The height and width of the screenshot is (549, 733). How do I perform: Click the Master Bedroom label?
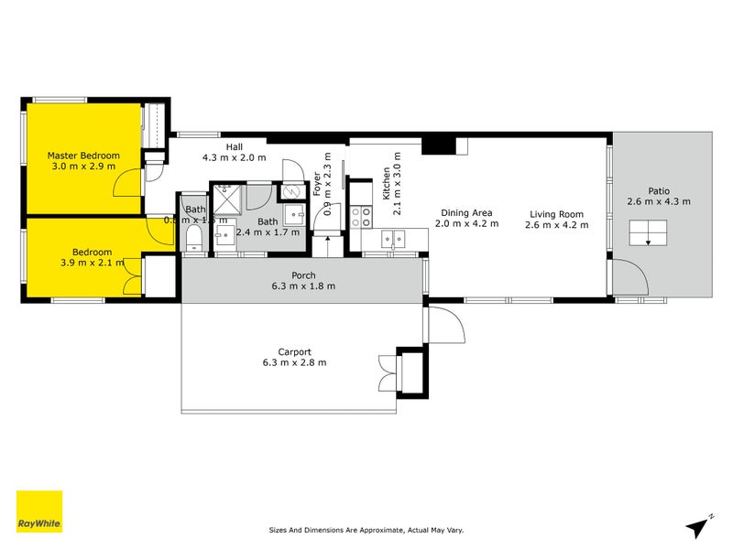click(82, 156)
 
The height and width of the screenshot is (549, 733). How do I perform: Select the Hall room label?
click(235, 146)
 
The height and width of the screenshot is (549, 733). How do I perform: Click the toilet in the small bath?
click(193, 240)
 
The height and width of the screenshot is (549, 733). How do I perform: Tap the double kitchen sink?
click(394, 240)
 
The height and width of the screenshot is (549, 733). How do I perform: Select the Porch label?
click(303, 274)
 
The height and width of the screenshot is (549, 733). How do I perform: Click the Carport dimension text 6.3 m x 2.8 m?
click(295, 362)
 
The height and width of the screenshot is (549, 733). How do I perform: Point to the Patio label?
click(659, 189)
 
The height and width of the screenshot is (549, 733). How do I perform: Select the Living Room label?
click(555, 215)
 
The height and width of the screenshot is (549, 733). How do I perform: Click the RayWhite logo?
click(40, 512)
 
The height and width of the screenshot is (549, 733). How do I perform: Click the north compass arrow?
click(699, 525)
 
